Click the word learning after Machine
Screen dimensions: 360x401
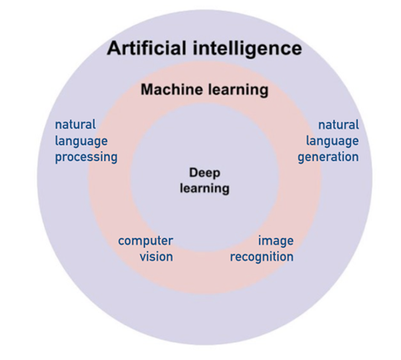236,89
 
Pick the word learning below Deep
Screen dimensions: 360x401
204,188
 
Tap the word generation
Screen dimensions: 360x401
329,157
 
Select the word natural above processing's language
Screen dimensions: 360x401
75,125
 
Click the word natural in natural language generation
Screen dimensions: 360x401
338,125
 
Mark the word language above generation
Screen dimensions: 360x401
332,141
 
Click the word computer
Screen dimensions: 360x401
146,241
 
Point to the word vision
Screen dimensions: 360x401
157,256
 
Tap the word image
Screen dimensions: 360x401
276,241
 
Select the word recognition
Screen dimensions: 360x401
262,256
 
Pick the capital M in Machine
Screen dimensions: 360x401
146,89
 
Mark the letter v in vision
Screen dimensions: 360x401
143,257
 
